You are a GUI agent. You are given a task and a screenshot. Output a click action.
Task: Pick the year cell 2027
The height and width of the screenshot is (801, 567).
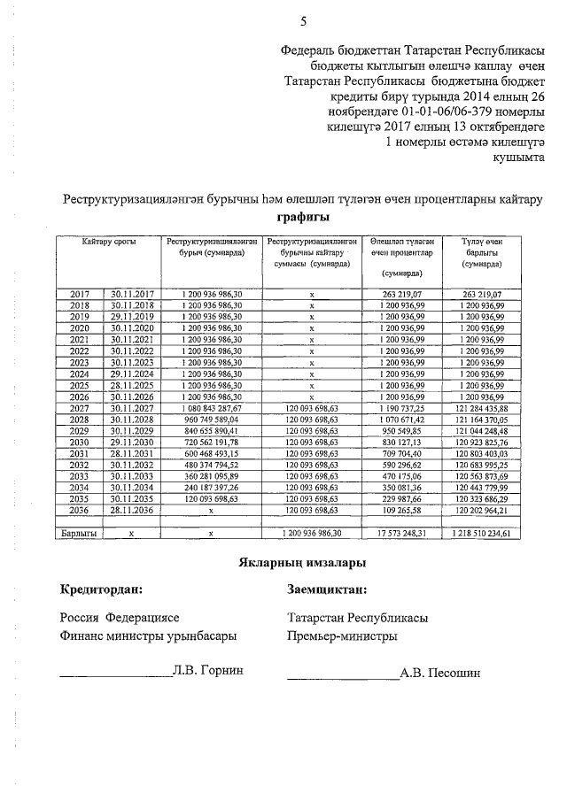(x=80, y=408)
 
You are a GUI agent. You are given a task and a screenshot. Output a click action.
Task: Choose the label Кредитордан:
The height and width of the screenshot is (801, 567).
(x=101, y=589)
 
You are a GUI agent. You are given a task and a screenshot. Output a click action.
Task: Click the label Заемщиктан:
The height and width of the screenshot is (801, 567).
(x=326, y=589)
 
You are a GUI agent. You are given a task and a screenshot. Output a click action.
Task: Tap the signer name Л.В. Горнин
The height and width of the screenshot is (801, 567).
(x=208, y=670)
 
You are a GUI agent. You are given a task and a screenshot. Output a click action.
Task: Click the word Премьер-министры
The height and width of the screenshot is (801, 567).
(x=342, y=635)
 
